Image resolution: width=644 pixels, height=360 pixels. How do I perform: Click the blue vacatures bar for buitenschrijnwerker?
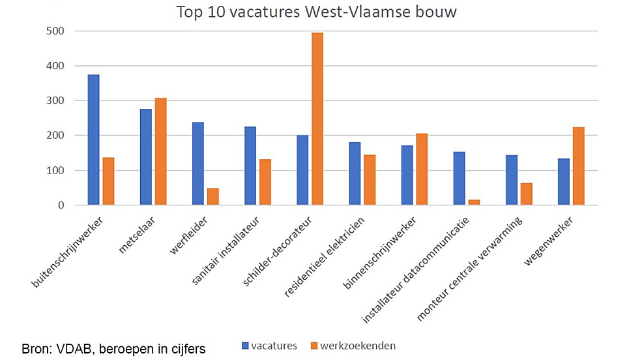(94, 140)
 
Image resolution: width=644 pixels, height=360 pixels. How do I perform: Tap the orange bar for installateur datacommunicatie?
(474, 202)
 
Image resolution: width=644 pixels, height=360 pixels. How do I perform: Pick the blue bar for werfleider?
(198, 164)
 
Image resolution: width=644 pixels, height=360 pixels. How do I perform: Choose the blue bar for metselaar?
(146, 157)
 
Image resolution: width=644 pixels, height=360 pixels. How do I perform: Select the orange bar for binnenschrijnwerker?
(422, 169)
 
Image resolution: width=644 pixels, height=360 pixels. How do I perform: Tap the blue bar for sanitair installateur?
(250, 166)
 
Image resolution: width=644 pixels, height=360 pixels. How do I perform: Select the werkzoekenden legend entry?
(351, 346)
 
